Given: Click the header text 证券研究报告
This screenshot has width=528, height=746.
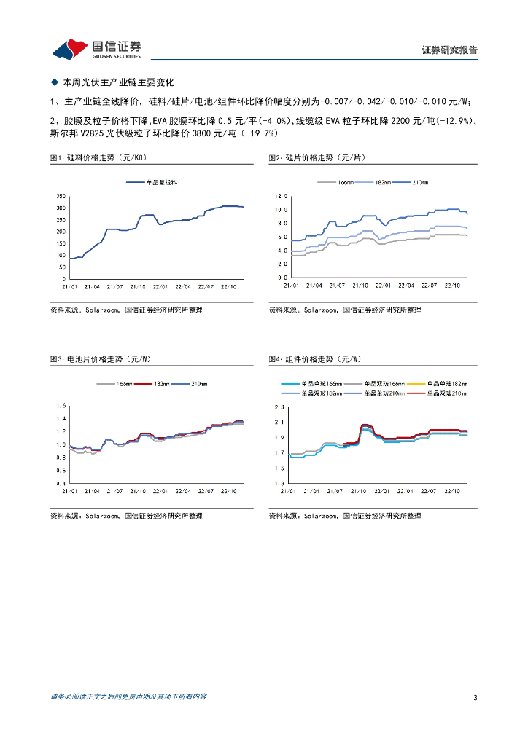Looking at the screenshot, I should [449, 50].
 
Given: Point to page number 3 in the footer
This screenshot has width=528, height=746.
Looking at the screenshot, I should [475, 698].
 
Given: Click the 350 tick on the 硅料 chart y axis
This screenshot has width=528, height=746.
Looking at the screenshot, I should [61, 197].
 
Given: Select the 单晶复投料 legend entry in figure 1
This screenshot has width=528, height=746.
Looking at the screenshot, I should [149, 181].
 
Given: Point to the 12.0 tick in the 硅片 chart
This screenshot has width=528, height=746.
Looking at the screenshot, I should [282, 197].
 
